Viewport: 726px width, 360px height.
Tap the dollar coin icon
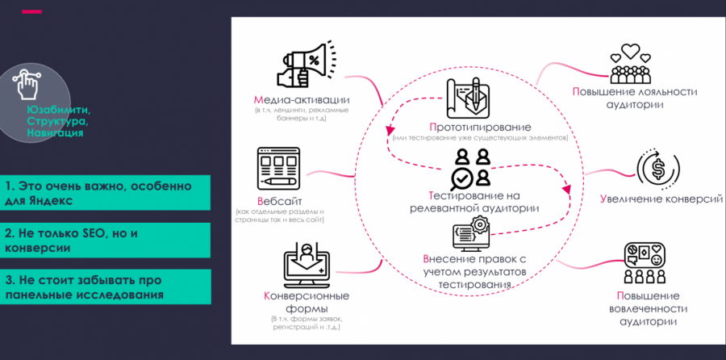pos(655,169)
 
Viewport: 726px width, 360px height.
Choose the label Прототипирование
pos(480,128)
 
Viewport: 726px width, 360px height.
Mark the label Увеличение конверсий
pos(661,199)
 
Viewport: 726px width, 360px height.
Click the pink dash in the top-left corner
pos(32,12)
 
